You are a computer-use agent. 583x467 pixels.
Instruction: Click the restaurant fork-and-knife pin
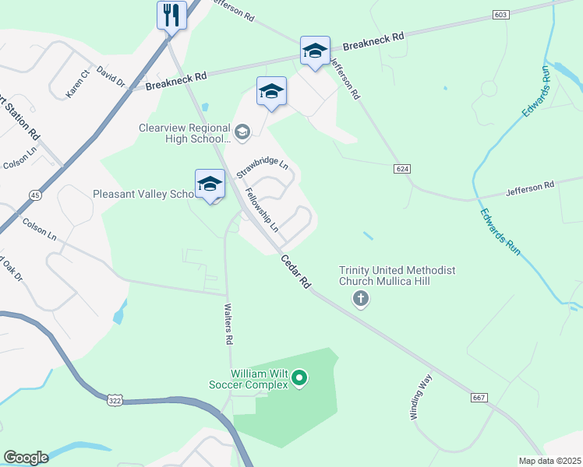[171, 16]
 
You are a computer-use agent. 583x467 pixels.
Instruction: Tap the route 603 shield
[501, 15]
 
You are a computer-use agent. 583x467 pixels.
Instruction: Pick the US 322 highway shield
[115, 399]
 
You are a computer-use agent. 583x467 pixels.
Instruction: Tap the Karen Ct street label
[78, 83]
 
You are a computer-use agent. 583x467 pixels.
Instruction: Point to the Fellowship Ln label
[262, 210]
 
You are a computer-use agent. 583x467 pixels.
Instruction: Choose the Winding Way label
[421, 397]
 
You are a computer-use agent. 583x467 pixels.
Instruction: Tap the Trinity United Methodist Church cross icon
[360, 297]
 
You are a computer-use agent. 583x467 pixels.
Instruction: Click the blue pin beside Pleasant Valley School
[210, 184]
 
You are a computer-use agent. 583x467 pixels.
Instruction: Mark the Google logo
[26, 458]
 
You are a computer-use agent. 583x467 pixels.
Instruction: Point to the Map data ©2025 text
[549, 461]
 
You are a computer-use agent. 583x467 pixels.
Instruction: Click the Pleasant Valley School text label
[143, 194]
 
